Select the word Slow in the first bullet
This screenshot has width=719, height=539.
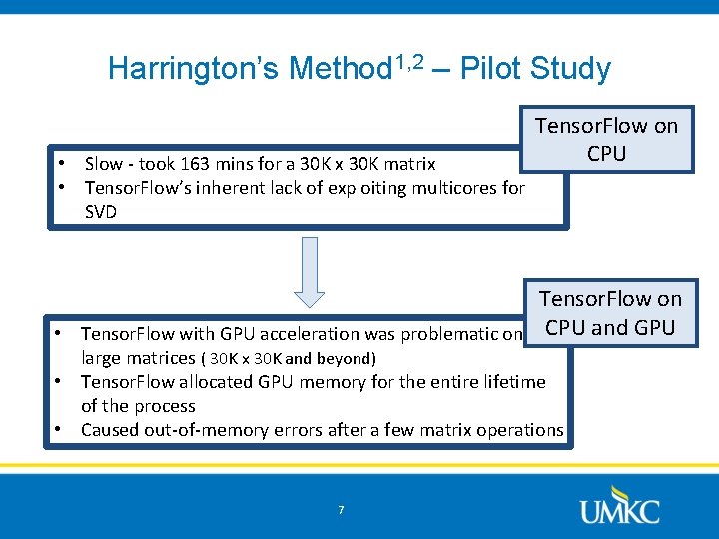pos(104,163)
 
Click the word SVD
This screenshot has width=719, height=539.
pos(101,211)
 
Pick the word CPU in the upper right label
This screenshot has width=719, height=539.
pos(606,153)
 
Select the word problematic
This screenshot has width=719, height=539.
pos(448,334)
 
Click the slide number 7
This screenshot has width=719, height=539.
pos(341,510)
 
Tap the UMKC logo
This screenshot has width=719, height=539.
pos(619,504)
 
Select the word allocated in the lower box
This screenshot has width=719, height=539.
pos(223,382)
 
